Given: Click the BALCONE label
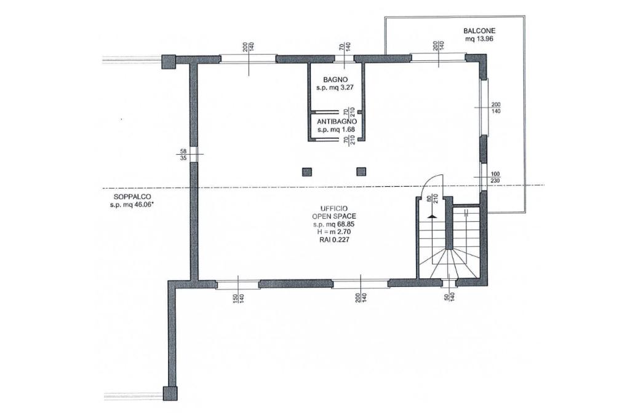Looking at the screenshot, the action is coord(479,31).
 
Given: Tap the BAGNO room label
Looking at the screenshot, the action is coord(335,80).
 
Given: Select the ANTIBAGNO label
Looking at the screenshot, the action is coord(337,122).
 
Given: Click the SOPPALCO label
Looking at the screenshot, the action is coord(127,197).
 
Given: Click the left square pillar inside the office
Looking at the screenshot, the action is coord(308,172).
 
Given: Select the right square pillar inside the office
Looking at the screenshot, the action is coord(362,172).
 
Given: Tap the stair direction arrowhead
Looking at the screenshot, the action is coord(431,216).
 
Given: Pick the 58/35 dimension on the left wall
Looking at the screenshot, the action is coord(183,155).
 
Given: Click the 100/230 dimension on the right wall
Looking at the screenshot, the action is coord(495,177).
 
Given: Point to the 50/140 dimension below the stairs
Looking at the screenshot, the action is coord(450,298).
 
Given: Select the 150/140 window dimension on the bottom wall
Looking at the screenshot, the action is coord(239,298).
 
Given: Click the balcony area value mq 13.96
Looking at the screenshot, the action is coord(479,39).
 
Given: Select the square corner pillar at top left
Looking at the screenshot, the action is coord(169,61).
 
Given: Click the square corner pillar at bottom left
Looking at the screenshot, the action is coord(170,393).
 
